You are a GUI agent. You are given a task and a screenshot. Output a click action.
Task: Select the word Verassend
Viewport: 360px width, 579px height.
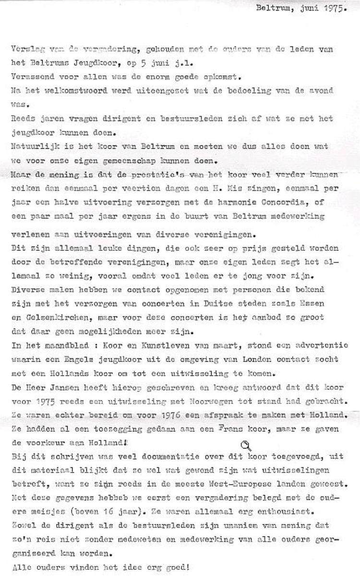pos(28,77)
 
